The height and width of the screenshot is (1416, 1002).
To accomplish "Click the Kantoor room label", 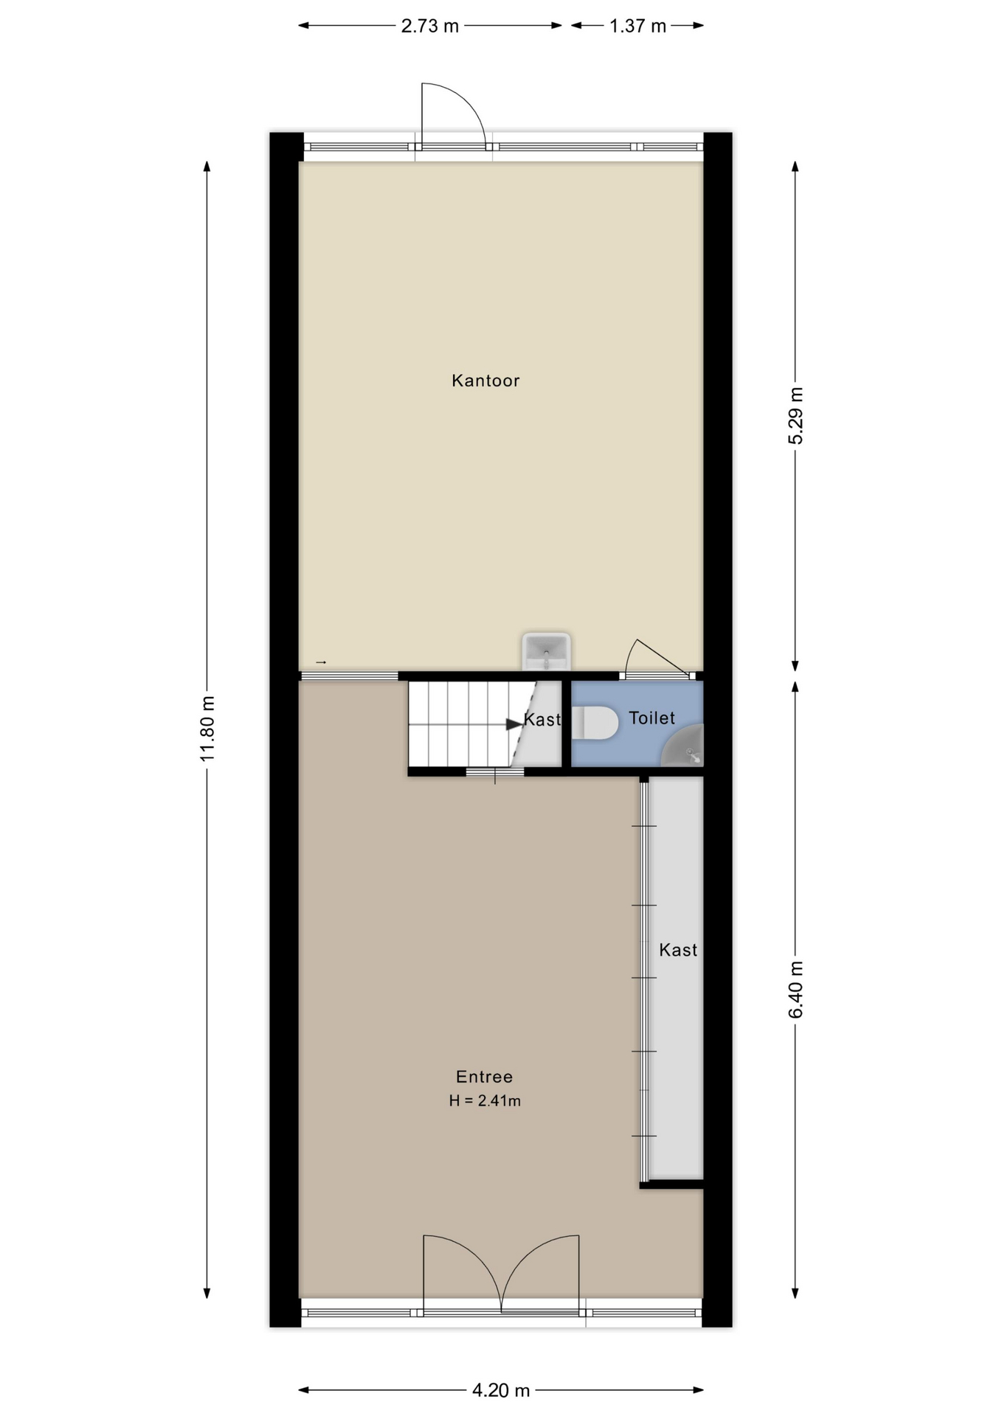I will point(486,381).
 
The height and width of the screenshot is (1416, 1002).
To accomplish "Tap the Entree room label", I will point(484,1077).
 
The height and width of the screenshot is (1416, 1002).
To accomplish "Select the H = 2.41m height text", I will point(485,1101).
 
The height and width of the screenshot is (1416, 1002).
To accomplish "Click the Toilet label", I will point(652,718).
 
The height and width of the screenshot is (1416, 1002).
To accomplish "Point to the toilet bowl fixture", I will point(595,723).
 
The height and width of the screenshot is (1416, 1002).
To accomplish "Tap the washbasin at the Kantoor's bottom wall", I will point(546,650).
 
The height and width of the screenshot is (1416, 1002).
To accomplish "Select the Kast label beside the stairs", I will point(542,720).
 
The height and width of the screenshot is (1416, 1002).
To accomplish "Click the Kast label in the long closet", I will point(678,950).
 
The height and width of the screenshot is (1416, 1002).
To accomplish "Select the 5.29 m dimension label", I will point(795,415).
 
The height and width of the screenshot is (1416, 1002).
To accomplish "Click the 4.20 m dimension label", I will point(501,1391).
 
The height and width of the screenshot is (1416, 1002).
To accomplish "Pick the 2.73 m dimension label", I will point(429,27).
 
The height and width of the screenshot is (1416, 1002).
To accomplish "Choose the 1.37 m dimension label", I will point(638,27).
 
